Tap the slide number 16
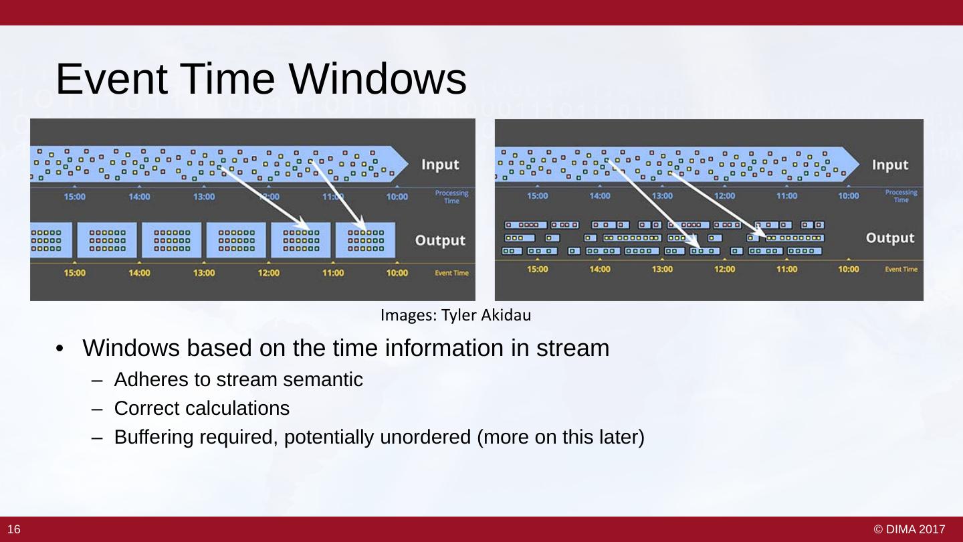14,529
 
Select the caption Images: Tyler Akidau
455,314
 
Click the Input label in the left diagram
440,165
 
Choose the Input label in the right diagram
889,165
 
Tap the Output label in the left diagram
440,240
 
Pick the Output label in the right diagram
889,238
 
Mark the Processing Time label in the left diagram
451,197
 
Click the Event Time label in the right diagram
901,269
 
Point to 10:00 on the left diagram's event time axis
397,273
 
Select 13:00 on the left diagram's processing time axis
204,197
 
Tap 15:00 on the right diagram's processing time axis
537,196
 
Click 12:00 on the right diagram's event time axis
724,269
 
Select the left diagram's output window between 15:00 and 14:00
107,240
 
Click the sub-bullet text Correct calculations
201,408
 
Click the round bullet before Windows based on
60,349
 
